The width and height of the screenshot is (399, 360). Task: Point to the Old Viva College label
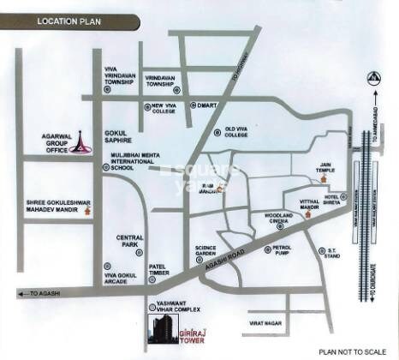coord(235,132)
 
